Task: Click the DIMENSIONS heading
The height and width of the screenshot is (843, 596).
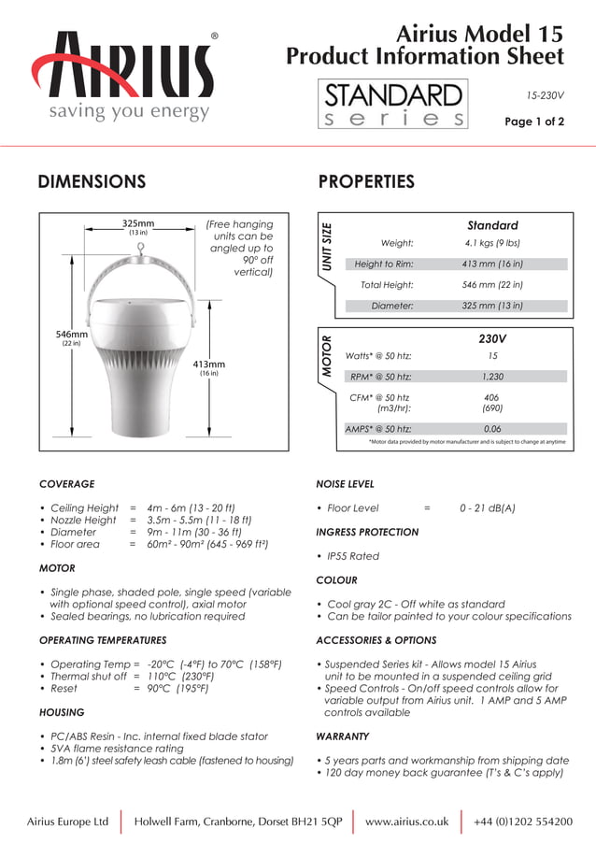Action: coord(92,181)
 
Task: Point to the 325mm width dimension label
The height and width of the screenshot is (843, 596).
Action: coord(138,223)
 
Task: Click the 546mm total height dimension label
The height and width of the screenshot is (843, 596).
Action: coord(72,335)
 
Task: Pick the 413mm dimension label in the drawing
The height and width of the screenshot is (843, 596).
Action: coord(208,364)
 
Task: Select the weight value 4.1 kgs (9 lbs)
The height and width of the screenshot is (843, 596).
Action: coord(492,244)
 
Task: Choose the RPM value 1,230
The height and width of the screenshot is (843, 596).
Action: coord(492,377)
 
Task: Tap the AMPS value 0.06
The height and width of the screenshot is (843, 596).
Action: coord(492,428)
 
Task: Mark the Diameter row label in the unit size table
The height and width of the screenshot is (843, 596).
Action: coord(392,306)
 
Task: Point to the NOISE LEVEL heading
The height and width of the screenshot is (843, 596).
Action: coord(346,484)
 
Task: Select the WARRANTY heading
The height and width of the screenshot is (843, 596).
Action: coord(343,736)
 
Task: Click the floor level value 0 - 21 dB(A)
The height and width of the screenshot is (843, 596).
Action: coord(487,508)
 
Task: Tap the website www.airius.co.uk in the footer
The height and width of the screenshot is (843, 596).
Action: coord(406,822)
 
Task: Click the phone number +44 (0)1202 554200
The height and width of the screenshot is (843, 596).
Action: coord(523,822)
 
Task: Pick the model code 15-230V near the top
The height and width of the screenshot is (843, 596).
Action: coord(545,95)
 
